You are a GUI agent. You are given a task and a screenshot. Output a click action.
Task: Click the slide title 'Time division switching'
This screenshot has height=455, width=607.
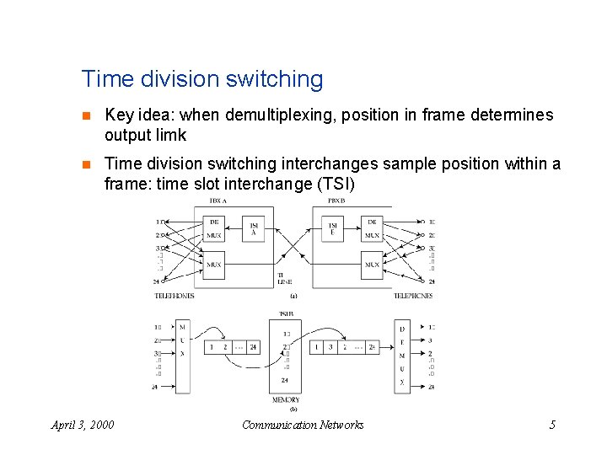pos(201,79)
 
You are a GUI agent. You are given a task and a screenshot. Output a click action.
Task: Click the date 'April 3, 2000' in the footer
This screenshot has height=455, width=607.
pos(83,425)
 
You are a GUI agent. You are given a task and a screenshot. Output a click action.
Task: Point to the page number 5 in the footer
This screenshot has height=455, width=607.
pos(552,425)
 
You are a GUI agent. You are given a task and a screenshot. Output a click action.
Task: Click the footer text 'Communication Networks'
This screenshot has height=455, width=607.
pos(303,425)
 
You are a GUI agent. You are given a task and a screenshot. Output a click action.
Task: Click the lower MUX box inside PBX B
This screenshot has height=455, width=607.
pos(372,264)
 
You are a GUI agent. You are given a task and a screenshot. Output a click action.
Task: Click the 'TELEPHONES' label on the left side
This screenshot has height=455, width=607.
pos(175,296)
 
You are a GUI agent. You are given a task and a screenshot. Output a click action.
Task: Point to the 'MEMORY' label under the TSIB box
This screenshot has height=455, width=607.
pos(286,399)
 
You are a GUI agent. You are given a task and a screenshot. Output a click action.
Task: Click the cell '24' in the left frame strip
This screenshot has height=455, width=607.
pos(252,347)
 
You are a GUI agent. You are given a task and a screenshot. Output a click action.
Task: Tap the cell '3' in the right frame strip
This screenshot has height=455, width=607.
pos(330,347)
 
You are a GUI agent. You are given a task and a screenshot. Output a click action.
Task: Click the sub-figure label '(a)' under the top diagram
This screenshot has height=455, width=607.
pos(293,296)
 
